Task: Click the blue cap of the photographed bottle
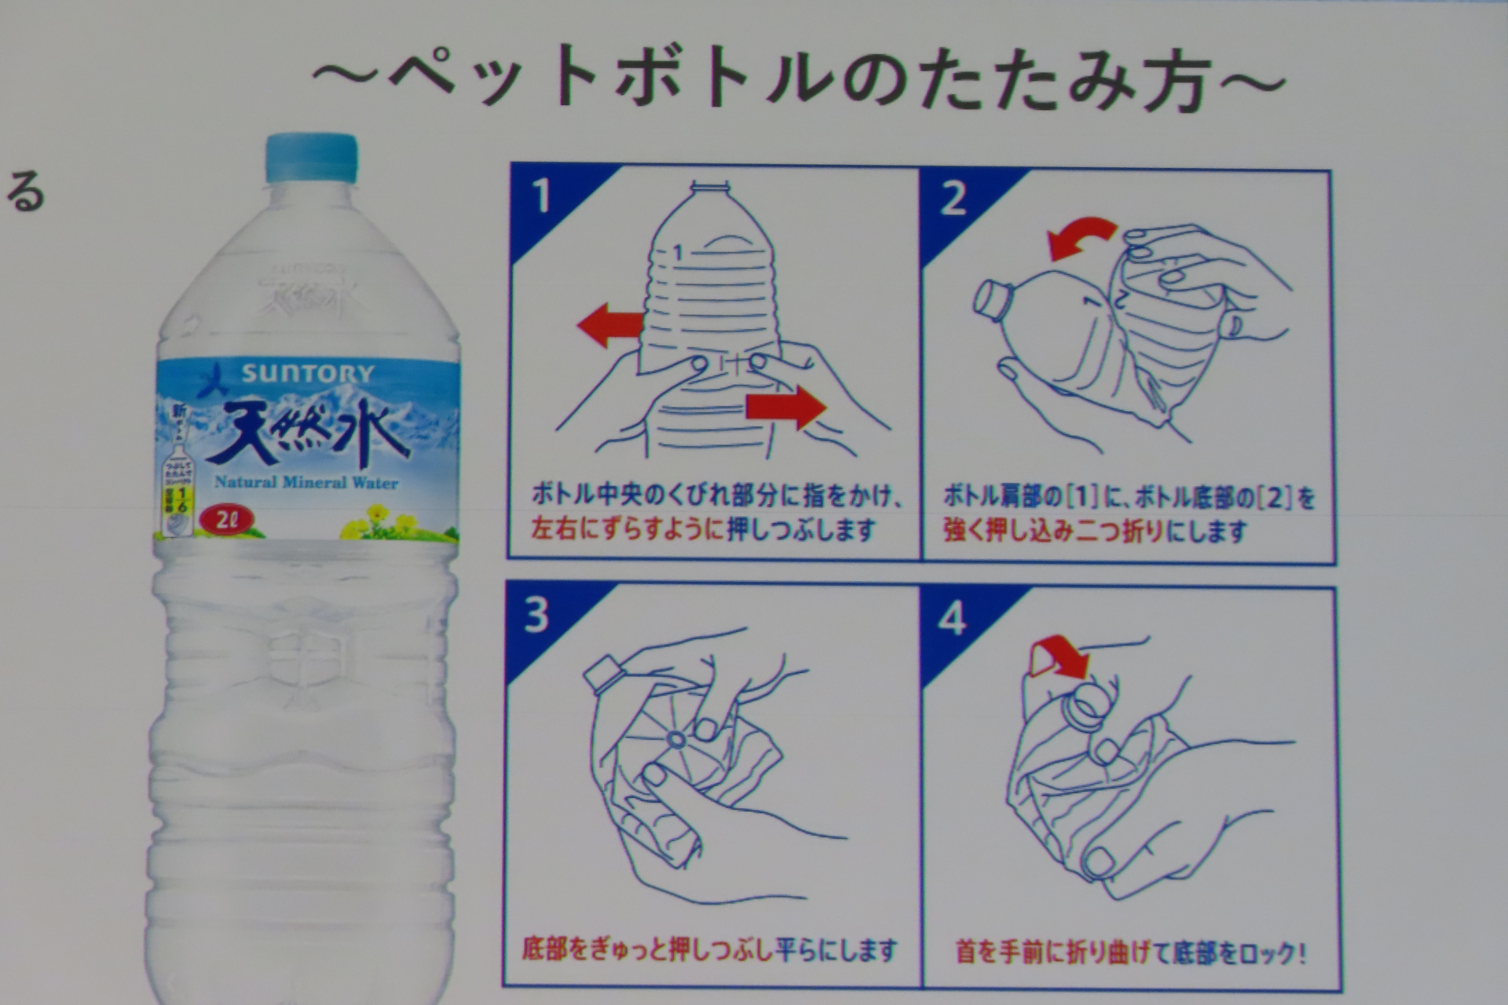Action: (x=311, y=158)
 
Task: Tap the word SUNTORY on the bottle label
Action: (x=307, y=374)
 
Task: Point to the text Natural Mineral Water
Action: (x=306, y=482)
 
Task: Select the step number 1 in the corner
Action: (x=541, y=196)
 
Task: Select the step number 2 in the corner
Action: (x=953, y=199)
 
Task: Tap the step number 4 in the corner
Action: (x=951, y=619)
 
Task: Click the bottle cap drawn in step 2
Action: (x=992, y=301)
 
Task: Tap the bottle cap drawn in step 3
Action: (x=602, y=674)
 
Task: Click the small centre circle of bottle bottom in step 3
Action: (x=675, y=739)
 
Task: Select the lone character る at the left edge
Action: (x=26, y=194)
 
